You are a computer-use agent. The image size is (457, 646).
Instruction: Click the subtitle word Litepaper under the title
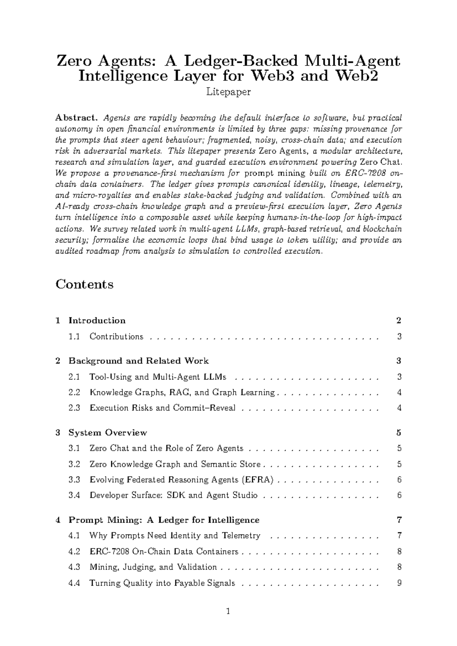[x=228, y=92]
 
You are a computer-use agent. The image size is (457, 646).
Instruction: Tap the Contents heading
[x=85, y=284]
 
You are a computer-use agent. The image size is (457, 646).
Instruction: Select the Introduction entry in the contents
[x=97, y=321]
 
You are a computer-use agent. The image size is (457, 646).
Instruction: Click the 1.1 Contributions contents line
[x=116, y=337]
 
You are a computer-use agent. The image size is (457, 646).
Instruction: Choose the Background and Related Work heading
[x=138, y=361]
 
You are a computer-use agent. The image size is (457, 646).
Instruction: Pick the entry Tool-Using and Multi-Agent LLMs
[x=157, y=377]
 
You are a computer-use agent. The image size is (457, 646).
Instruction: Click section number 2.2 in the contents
[x=74, y=393]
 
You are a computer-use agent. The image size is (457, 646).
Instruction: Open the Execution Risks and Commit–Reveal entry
[x=162, y=408]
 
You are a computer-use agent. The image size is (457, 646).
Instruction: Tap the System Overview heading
[x=107, y=433]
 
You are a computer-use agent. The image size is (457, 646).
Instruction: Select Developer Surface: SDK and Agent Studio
[x=173, y=496]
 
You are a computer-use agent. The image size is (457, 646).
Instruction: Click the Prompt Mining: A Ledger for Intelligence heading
[x=164, y=520]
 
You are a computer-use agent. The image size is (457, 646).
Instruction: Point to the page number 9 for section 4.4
[x=399, y=583]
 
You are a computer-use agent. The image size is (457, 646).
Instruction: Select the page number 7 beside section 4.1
[x=399, y=536]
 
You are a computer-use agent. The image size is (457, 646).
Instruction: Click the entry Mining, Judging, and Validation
[x=153, y=568]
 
